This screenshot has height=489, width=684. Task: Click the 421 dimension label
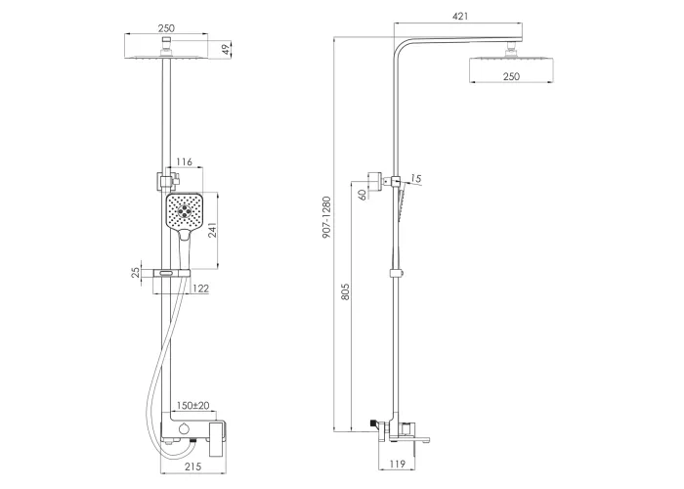pos(460,17)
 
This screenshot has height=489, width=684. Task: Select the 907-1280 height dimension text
pos(326,217)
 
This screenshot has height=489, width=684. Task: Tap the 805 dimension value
pos(345,292)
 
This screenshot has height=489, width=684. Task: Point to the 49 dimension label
pos(226,49)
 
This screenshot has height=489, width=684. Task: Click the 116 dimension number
pos(184,162)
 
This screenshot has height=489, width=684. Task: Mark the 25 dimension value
pos(136,273)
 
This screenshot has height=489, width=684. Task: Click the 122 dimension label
pos(200,289)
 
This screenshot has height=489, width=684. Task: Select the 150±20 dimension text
pos(193,406)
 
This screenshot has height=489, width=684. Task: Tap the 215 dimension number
pos(192,467)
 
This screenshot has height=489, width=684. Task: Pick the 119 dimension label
pos(397,464)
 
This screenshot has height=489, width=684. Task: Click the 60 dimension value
pos(363,195)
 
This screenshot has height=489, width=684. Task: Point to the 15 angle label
pos(415,178)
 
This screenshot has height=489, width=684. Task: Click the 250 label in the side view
pos(511,76)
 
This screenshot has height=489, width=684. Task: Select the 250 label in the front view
pos(166,28)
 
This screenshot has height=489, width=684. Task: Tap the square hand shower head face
pos(185,211)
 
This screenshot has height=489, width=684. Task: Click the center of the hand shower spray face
pos(185,211)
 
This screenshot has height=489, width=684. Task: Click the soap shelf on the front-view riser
pos(171,274)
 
